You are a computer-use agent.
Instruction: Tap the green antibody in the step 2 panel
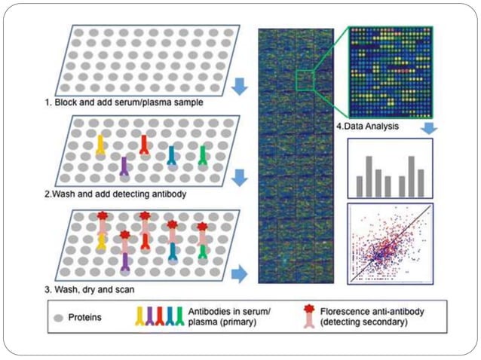pyautogui.click(x=202, y=155)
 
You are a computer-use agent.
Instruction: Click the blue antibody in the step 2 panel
pyautogui.click(x=172, y=154)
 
